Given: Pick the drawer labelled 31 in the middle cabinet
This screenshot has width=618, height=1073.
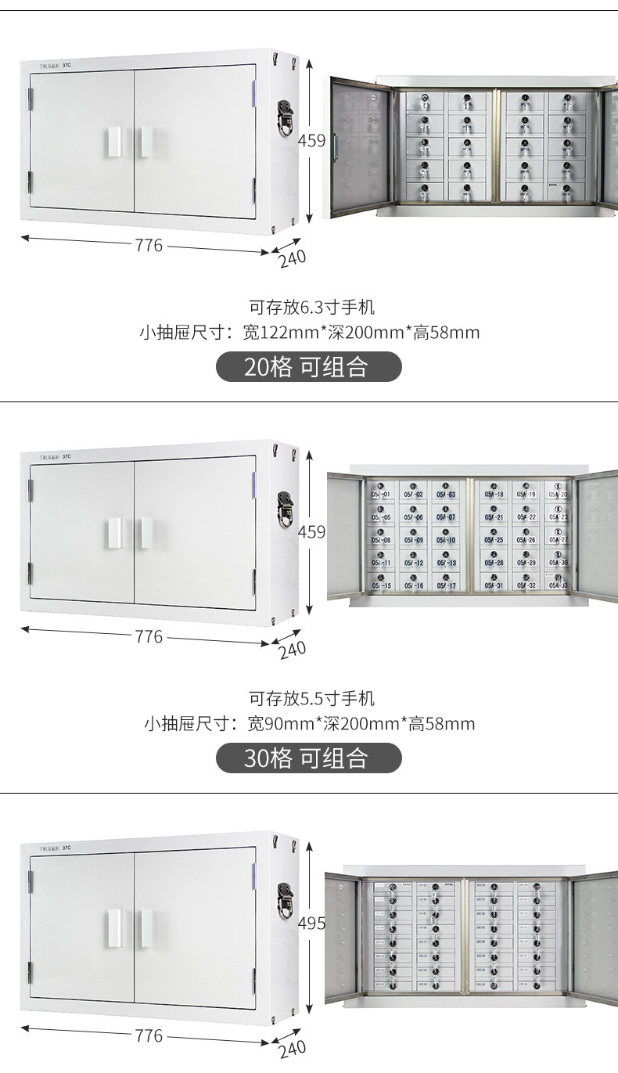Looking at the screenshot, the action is tap(494, 583).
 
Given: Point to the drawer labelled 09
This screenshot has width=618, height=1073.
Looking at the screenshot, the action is tap(414, 538).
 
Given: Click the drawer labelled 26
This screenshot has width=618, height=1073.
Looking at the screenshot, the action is tap(526, 538).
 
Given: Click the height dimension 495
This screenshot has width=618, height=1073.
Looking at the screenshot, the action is tap(311, 923).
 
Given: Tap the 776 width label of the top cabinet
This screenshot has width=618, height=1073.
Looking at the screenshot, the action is tap(149, 246).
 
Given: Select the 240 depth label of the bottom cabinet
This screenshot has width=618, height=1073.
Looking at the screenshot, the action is tap(292, 1048).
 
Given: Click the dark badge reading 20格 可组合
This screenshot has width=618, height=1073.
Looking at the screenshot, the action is tap(308, 366).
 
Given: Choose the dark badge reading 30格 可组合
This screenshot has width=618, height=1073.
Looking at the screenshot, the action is tap(308, 758).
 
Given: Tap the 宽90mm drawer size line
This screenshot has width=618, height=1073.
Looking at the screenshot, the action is tap(309, 723).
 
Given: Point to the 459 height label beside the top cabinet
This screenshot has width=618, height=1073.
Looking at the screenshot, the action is tap(311, 141).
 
